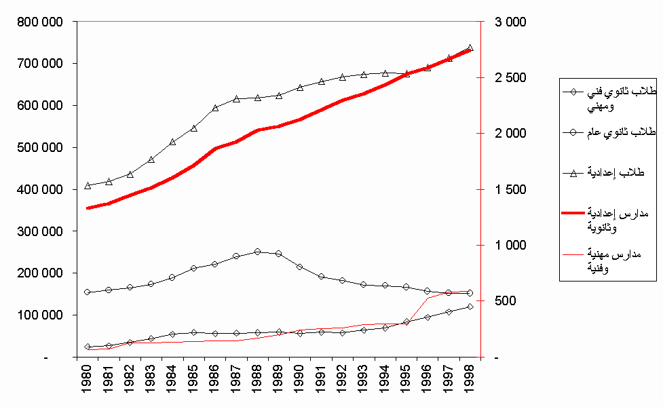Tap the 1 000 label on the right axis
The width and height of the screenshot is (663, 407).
point(510,245)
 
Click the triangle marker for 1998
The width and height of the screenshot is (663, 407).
point(470,48)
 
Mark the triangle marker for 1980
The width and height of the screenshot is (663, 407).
point(88,185)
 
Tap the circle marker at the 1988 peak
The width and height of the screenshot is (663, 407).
point(257,252)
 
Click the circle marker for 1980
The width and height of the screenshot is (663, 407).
point(88,292)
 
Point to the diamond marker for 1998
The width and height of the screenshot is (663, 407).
point(470,307)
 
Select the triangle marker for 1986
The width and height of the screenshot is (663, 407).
point(215,107)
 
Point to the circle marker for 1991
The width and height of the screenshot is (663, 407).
point(321,277)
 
